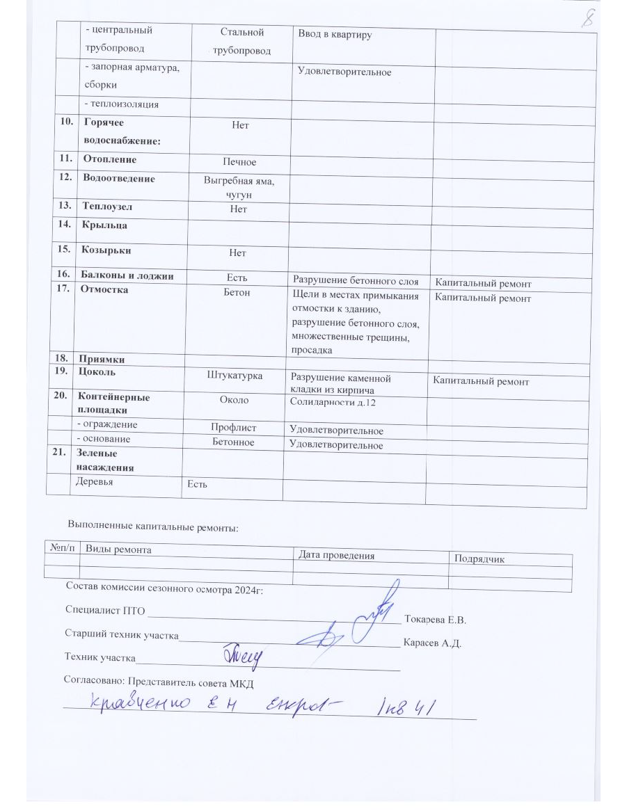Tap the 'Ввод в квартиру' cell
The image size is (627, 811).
pyautogui.click(x=334, y=35)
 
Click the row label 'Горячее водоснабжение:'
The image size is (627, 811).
pyautogui.click(x=122, y=133)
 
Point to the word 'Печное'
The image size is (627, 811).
pyautogui.click(x=239, y=161)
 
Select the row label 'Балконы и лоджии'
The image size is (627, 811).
pyautogui.click(x=127, y=277)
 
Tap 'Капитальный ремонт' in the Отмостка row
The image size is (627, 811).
pyautogui.click(x=483, y=298)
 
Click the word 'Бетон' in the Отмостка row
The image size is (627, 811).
pyautogui.click(x=237, y=293)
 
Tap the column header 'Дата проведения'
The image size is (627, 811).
pyautogui.click(x=336, y=555)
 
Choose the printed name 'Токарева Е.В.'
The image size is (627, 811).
pyautogui.click(x=434, y=619)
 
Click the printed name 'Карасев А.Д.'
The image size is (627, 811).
pyautogui.click(x=433, y=643)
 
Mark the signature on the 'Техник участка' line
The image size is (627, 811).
pyautogui.click(x=242, y=654)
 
